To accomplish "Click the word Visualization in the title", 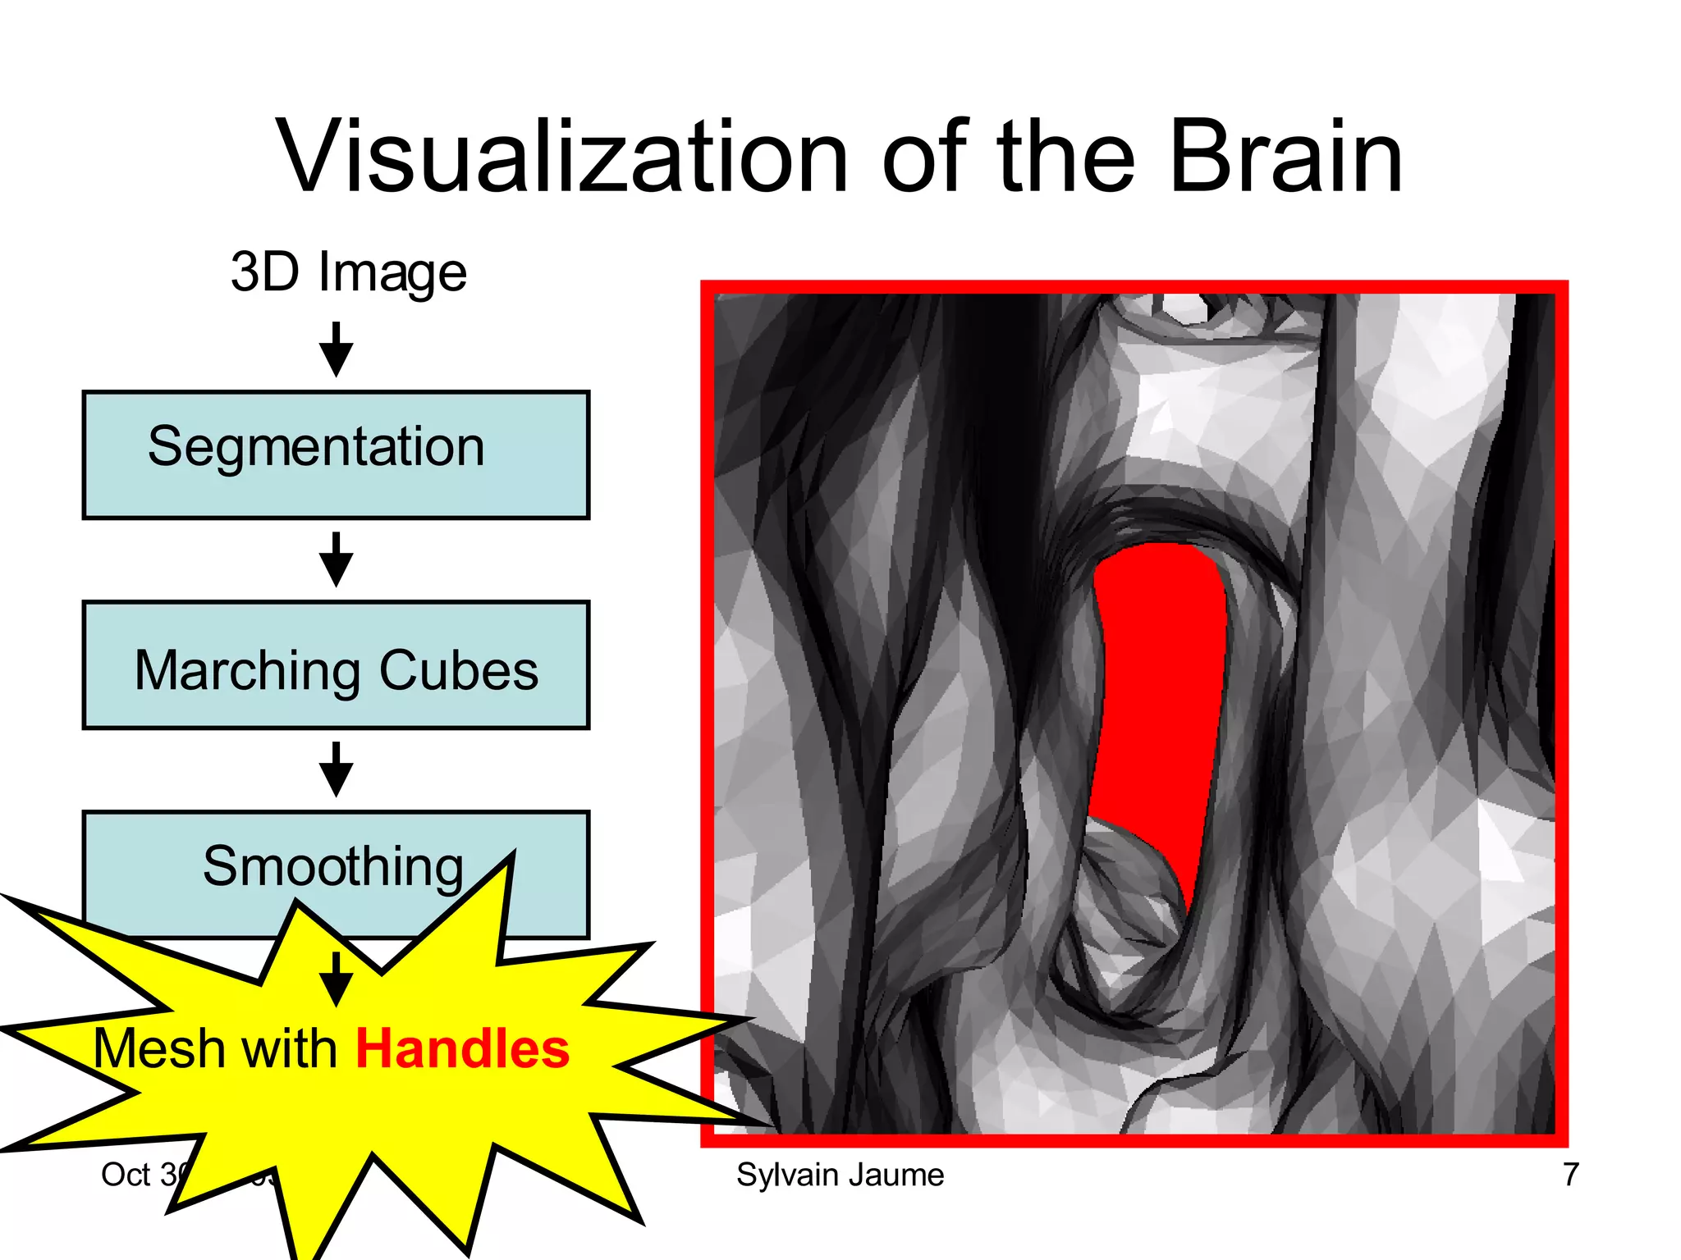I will pyautogui.click(x=561, y=157).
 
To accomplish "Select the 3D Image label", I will pyautogui.click(x=348, y=272).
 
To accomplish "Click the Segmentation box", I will pyautogui.click(x=336, y=455).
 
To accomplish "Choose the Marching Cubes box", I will pyautogui.click(x=336, y=665).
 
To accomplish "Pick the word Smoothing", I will pyautogui.click(x=332, y=866).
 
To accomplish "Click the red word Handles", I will pyautogui.click(x=462, y=1049).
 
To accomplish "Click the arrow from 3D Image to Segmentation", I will pyautogui.click(x=336, y=349).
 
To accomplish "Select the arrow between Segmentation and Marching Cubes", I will pyautogui.click(x=336, y=559).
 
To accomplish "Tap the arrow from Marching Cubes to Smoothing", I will pyautogui.click(x=336, y=769).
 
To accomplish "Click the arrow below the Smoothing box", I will pyautogui.click(x=336, y=979).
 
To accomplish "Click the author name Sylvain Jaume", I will pyautogui.click(x=840, y=1175).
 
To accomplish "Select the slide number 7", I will pyautogui.click(x=1570, y=1175).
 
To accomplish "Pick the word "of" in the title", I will pyautogui.click(x=925, y=157).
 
